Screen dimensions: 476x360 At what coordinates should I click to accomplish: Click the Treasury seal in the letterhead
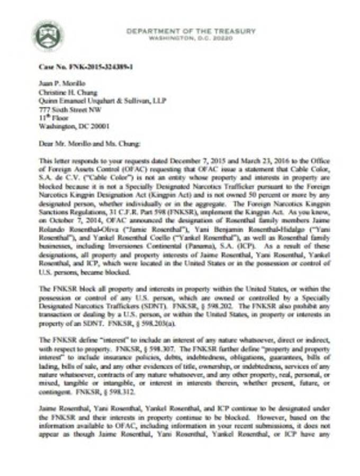coord(49,35)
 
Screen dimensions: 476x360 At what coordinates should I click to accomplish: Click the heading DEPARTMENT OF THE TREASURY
coord(191,31)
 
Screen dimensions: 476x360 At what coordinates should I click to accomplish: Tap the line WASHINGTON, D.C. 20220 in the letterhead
coord(191,39)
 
